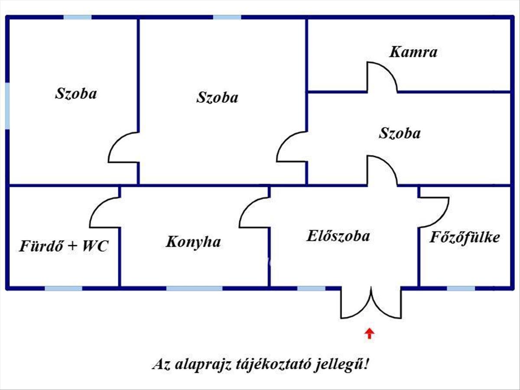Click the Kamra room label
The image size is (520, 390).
click(413, 52)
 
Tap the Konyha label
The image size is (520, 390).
click(193, 242)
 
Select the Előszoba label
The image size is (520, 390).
click(338, 236)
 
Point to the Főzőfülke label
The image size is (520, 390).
click(465, 237)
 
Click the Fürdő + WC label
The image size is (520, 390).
click(63, 247)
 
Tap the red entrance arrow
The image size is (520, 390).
click(369, 333)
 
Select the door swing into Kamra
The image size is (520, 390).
click(381, 77)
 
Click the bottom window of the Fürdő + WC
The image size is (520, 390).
click(63, 288)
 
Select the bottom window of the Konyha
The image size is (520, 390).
click(195, 288)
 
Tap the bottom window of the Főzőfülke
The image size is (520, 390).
click(461, 288)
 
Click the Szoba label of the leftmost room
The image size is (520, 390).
click(76, 94)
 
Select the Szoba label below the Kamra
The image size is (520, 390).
click(400, 133)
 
